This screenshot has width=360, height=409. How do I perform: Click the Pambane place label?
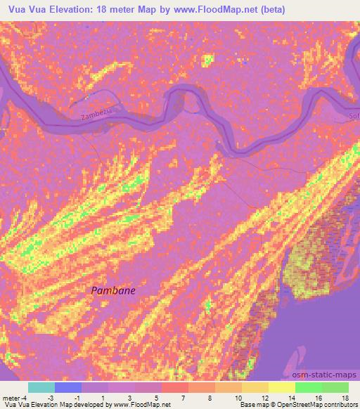113,290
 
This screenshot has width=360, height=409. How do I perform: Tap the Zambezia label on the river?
96,106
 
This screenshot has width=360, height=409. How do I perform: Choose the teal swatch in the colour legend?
41,387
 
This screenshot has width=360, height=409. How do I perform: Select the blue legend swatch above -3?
68,387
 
